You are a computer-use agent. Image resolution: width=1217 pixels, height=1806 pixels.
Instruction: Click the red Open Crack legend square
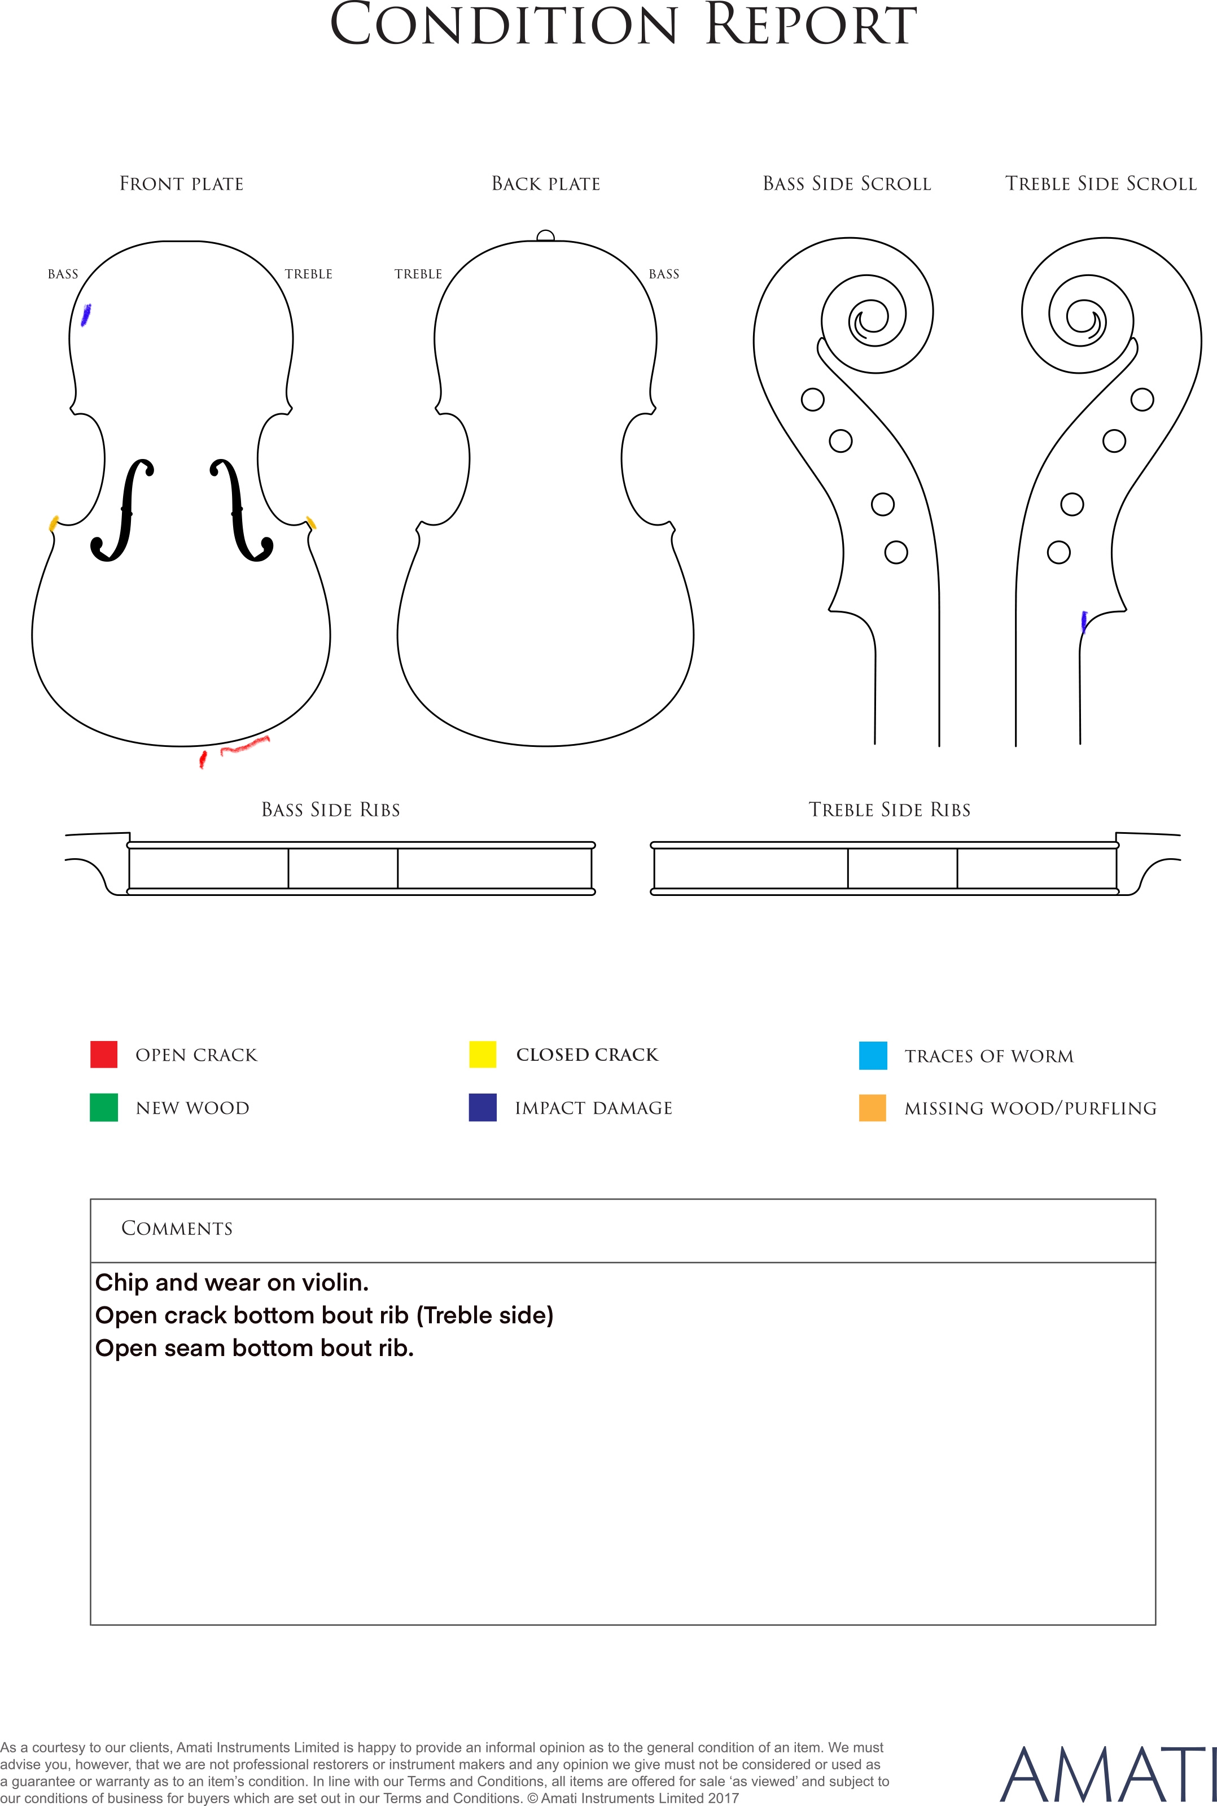[x=104, y=1054]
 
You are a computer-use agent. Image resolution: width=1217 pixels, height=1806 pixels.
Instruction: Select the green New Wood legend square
[x=104, y=1108]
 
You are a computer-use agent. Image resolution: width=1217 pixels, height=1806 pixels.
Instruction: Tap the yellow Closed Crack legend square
[x=483, y=1054]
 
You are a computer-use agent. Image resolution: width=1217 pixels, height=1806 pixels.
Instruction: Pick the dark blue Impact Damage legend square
[x=483, y=1108]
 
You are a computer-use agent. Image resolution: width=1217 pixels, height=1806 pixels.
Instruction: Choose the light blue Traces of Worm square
[x=873, y=1056]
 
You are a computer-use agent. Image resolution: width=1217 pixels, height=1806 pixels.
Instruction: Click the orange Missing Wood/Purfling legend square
[x=873, y=1108]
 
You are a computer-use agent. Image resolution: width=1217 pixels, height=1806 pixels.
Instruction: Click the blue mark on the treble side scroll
[x=1084, y=622]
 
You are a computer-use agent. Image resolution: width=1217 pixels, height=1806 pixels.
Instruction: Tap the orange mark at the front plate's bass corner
[x=54, y=523]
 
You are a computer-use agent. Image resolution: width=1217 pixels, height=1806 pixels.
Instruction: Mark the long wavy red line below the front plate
[x=245, y=745]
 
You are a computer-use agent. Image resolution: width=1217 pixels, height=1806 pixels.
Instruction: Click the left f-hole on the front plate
[x=122, y=510]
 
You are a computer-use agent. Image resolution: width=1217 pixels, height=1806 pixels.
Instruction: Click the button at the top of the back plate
[x=546, y=236]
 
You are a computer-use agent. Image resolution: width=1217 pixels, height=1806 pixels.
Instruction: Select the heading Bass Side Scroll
[x=847, y=184]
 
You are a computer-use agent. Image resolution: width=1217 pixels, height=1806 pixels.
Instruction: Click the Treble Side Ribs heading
[x=890, y=810]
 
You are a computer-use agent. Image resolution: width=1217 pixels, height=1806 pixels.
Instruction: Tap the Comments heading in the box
[x=177, y=1228]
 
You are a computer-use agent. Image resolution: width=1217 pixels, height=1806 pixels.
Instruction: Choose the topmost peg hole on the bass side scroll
[x=813, y=400]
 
